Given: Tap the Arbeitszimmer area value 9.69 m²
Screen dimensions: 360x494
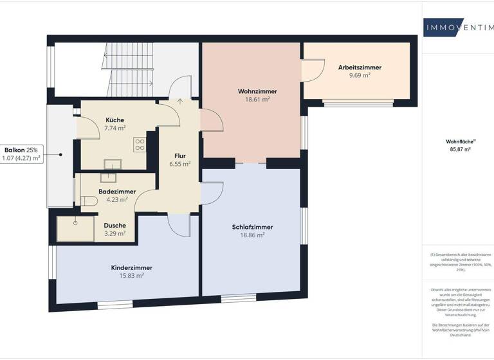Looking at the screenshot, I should (360, 75).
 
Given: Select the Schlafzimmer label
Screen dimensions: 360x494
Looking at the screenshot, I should (252, 227).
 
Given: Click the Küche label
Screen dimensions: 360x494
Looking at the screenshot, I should (115, 120).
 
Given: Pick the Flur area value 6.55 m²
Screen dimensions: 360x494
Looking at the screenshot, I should (180, 164).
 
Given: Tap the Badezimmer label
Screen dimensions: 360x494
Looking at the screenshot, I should (116, 192).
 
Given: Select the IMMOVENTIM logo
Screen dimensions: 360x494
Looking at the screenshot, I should (457, 26).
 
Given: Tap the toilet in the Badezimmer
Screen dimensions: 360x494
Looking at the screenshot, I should (88, 201).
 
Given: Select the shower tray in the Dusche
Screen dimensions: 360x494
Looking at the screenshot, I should (74, 228).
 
